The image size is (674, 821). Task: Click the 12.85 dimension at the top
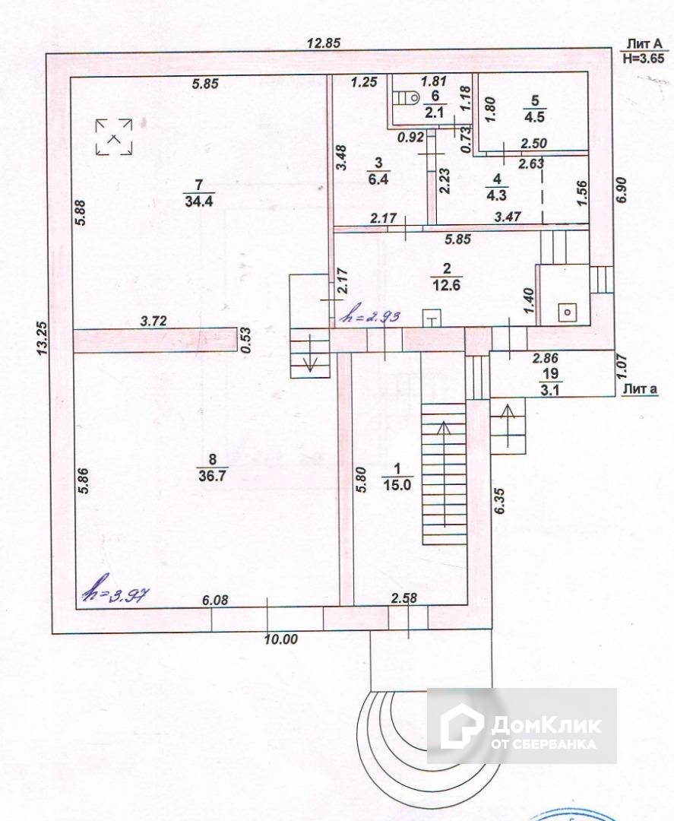click(323, 43)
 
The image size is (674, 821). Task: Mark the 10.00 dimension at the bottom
click(280, 639)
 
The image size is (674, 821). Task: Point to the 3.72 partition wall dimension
click(154, 322)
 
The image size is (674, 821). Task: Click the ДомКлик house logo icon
click(463, 725)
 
